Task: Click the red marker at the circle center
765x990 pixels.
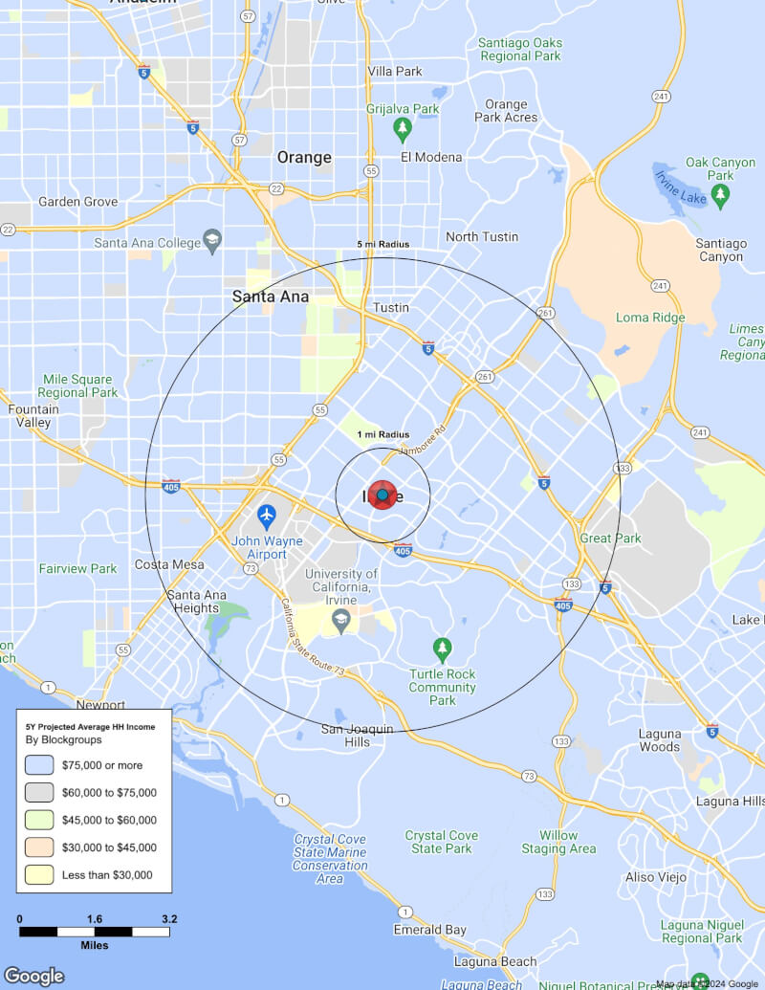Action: click(x=382, y=495)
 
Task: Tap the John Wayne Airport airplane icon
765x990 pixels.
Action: click(x=267, y=516)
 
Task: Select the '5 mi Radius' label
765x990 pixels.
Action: click(x=382, y=245)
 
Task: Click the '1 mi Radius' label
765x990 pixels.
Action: click(x=382, y=435)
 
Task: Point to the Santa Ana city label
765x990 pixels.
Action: click(x=271, y=297)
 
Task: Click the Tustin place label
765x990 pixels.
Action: click(x=391, y=308)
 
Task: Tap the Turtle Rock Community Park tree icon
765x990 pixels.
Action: click(x=442, y=649)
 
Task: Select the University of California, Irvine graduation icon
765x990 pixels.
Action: click(x=339, y=622)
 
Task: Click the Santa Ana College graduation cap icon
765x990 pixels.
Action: click(x=212, y=238)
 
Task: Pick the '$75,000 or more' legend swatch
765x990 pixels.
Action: click(x=39, y=765)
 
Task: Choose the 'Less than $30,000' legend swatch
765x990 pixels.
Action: click(x=39, y=874)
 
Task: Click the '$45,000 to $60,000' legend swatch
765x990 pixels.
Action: click(x=39, y=820)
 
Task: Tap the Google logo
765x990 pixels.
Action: click(x=33, y=976)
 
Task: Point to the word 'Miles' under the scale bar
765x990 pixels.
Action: click(x=94, y=945)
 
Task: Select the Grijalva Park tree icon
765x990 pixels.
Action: click(x=403, y=127)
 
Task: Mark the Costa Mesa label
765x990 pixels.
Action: click(x=169, y=564)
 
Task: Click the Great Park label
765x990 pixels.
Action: click(x=610, y=539)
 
